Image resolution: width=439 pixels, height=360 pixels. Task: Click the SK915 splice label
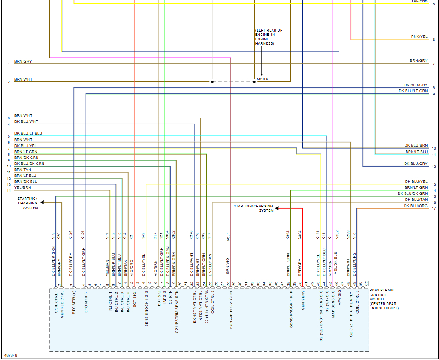point(262,79)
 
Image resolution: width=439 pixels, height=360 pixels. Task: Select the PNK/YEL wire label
point(419,37)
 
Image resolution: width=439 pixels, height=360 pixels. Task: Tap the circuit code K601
point(228,237)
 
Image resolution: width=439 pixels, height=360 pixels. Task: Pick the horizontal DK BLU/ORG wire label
point(416,206)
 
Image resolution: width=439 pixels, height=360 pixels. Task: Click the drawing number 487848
point(11,355)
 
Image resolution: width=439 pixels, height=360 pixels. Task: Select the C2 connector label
point(366,283)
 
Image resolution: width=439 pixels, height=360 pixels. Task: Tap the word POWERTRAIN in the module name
point(382,290)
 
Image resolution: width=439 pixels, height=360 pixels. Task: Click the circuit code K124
point(71,236)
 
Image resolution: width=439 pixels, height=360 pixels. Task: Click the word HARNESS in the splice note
point(264,43)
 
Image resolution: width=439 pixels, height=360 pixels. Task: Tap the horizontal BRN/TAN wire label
point(23,170)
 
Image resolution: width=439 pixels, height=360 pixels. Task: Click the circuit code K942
point(288,236)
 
